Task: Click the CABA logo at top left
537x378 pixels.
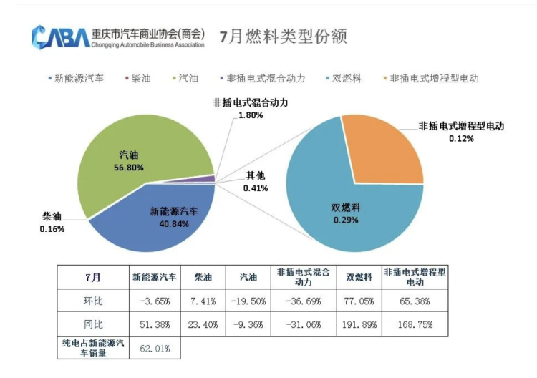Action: click(x=60, y=36)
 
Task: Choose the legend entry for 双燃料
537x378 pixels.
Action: click(x=348, y=78)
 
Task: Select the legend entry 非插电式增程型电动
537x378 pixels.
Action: click(x=433, y=78)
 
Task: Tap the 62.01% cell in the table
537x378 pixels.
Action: click(x=153, y=349)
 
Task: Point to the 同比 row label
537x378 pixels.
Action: click(x=92, y=324)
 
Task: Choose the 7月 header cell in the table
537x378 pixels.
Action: click(x=92, y=277)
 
